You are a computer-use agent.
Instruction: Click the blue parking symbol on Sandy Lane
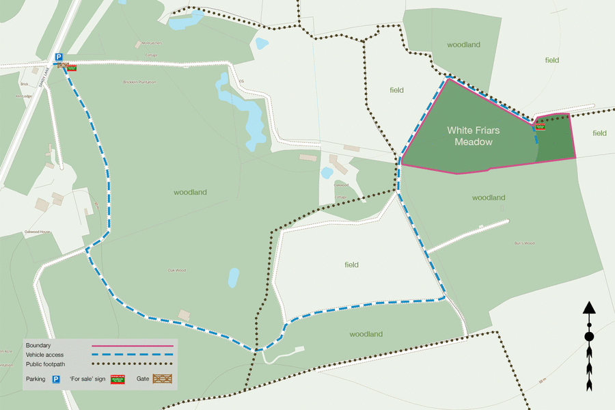click(59, 58)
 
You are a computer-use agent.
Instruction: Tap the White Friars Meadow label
click(469, 135)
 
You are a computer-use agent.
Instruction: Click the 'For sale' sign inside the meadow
click(541, 126)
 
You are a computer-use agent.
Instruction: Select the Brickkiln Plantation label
click(140, 82)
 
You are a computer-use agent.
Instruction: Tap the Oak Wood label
click(177, 270)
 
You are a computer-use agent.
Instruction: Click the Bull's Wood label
click(524, 243)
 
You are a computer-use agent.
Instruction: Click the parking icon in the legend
click(58, 379)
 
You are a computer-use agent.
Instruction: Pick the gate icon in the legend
click(163, 379)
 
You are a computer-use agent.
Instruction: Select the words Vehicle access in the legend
click(45, 355)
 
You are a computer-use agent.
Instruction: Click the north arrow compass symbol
click(588, 346)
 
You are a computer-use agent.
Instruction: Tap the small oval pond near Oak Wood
click(234, 277)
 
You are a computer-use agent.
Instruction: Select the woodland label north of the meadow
click(463, 45)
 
